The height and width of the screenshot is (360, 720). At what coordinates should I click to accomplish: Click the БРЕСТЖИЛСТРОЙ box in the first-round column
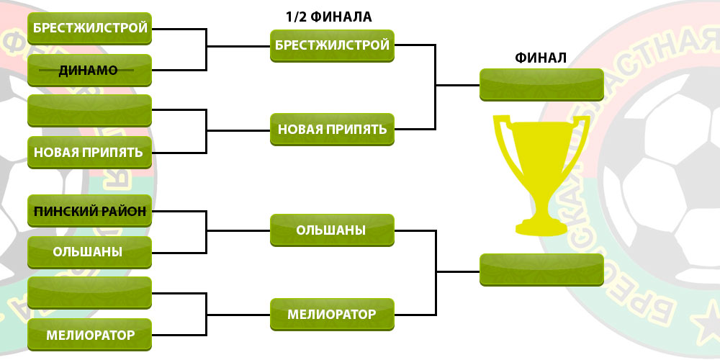[89, 29]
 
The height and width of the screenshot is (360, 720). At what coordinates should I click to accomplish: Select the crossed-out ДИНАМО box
[89, 71]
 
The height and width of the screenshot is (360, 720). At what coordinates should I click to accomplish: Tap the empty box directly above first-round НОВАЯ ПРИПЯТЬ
[89, 111]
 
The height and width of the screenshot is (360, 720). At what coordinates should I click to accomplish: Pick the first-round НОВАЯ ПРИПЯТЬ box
[89, 153]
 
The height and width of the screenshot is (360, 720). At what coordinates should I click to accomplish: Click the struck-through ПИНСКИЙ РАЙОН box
[89, 211]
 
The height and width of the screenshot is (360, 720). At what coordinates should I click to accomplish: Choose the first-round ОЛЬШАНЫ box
[89, 252]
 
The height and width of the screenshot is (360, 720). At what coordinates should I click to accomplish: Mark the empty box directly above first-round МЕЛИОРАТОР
[89, 293]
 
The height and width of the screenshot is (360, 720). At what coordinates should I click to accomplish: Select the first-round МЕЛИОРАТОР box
[89, 335]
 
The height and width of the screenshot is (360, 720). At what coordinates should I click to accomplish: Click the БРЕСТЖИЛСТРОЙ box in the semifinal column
[332, 46]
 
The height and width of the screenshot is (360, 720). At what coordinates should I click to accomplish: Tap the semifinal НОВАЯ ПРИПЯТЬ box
[332, 130]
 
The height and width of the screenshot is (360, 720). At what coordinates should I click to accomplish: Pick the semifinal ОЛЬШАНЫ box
[332, 230]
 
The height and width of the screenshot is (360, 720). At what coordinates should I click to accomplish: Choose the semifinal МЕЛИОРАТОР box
[332, 315]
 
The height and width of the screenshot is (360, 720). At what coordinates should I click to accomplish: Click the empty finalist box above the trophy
[542, 85]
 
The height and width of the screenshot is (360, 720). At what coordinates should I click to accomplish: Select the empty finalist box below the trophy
[542, 270]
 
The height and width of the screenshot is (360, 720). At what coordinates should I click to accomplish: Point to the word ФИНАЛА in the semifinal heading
[341, 17]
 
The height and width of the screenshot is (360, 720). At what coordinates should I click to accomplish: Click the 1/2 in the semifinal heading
[296, 17]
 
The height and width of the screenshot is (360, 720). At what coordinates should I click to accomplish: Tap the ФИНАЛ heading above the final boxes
[541, 58]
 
